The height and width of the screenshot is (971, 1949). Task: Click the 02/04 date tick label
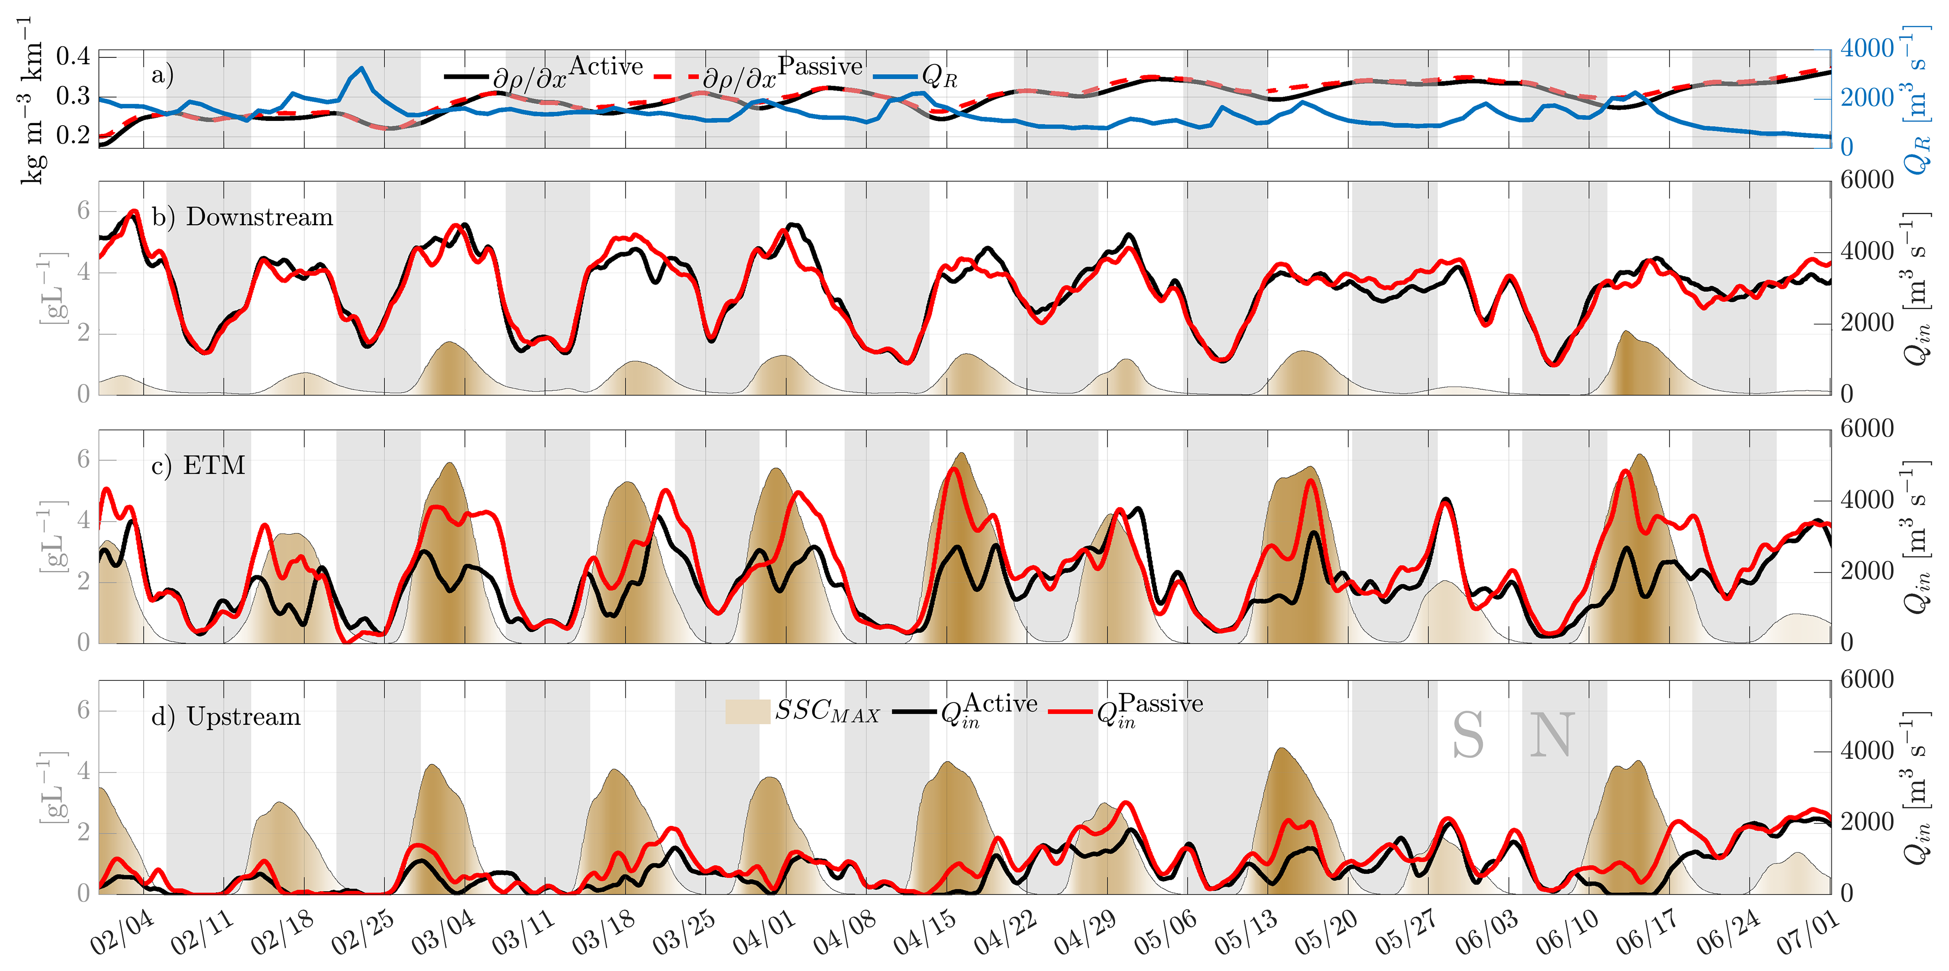point(122,933)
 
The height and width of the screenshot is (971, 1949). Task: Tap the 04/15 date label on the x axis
point(925,933)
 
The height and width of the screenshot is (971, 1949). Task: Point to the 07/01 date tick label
point(1808,933)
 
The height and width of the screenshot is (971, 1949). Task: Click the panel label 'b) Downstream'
point(242,217)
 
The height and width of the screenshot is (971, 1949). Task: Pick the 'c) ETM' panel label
point(198,465)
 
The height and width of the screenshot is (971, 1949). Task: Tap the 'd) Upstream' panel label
point(225,716)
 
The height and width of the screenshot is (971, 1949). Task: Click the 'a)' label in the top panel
point(163,75)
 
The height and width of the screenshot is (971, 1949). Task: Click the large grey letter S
point(1468,736)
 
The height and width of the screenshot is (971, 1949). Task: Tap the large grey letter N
point(1552,736)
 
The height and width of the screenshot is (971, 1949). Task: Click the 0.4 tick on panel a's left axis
point(73,56)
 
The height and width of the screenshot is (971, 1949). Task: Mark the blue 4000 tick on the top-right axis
point(1866,49)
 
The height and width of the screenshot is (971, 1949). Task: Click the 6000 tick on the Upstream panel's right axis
point(1866,679)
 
